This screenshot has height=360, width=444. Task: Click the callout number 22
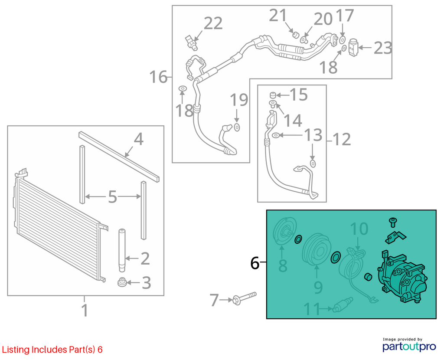(x=213, y=23)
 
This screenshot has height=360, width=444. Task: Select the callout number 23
(x=383, y=48)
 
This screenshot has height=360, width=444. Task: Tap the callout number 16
(x=158, y=77)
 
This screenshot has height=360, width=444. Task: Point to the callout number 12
(x=342, y=139)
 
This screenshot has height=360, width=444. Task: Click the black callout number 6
(x=255, y=263)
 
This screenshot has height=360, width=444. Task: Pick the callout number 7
(x=214, y=300)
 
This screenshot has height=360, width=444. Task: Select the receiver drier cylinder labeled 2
(x=122, y=250)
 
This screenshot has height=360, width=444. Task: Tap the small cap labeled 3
(x=122, y=282)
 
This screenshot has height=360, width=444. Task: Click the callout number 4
(x=139, y=139)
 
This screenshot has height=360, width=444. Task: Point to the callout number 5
(x=112, y=196)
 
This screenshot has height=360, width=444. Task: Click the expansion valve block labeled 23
(x=353, y=47)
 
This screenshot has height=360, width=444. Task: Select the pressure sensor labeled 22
(x=191, y=42)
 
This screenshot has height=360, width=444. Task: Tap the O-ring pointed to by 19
(x=237, y=127)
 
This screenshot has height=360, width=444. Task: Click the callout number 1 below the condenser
(x=85, y=310)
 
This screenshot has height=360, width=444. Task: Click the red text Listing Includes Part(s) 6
(x=52, y=350)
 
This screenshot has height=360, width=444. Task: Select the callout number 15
(x=299, y=95)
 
